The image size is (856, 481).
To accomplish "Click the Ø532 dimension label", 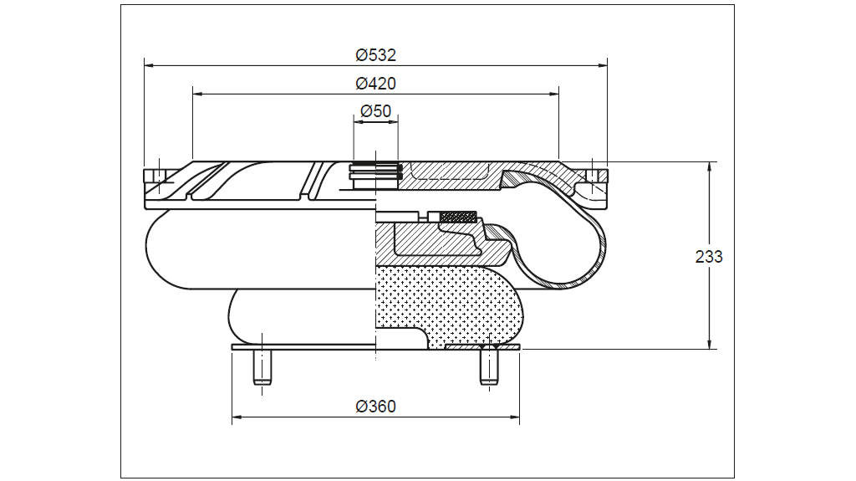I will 375,55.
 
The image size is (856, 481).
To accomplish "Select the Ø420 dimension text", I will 375,84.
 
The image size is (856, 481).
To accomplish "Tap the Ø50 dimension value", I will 375,110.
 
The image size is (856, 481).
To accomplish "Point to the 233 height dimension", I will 709,257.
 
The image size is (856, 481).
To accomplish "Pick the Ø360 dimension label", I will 375,407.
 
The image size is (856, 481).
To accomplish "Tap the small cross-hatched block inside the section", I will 458,217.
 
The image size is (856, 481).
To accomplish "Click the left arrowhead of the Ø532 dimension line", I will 149,64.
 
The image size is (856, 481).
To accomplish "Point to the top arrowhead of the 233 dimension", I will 710,166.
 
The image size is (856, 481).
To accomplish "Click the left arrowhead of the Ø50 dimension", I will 358,122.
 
